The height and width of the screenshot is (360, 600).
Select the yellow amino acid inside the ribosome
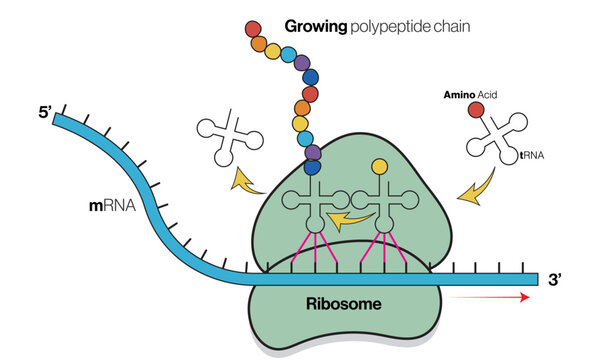[x=380, y=166]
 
